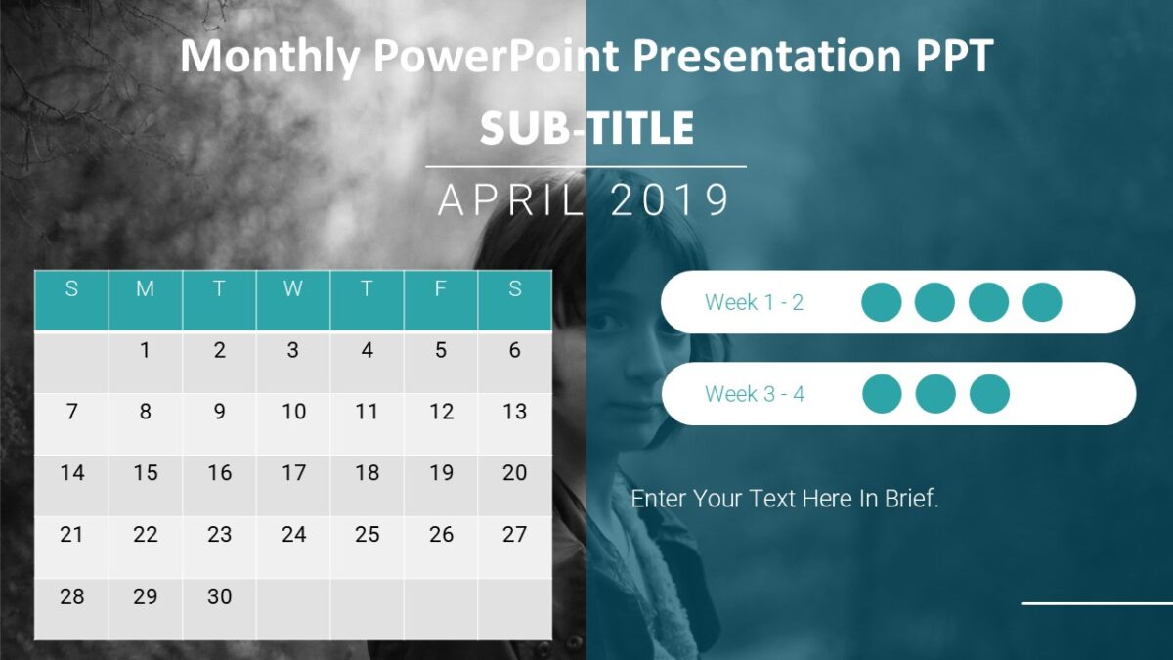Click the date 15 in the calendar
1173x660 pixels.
pos(146,473)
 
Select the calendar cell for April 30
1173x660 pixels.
pos(219,596)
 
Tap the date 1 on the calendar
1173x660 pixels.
pos(146,350)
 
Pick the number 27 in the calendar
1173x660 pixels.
pos(514,535)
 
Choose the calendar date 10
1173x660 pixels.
pos(293,412)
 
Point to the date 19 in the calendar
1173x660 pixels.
pos(441,473)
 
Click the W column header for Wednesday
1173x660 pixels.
pos(293,289)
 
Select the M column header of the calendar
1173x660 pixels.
pos(146,289)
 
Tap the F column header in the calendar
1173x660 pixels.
pos(441,289)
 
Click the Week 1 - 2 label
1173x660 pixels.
pos(754,303)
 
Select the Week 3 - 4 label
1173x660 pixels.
pos(755,394)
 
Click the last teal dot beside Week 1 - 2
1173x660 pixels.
pos(1042,302)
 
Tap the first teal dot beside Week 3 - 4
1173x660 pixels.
pos(882,393)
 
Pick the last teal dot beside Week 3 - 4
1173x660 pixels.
pos(989,393)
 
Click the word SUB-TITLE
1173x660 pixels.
pos(586,129)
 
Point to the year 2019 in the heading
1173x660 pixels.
pos(670,200)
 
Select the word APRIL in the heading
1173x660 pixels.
pos(511,200)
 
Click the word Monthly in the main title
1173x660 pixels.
pos(269,57)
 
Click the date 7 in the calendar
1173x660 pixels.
pos(71,412)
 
